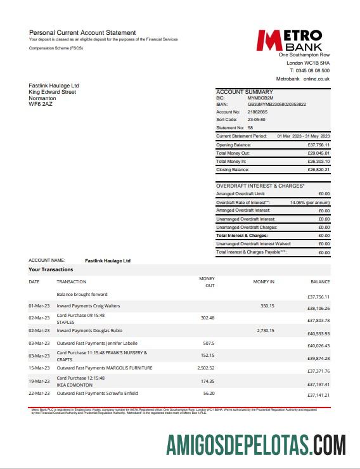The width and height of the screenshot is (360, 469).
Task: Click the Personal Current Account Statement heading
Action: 82,32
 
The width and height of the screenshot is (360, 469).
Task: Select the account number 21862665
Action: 258,112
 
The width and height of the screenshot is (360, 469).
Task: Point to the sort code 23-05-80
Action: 257,119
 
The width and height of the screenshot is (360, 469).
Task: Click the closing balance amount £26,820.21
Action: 319,170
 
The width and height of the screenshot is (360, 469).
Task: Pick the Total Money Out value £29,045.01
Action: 319,153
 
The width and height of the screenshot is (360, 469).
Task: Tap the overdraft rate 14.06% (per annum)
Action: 310,202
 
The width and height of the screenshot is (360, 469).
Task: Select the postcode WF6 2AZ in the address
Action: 42,104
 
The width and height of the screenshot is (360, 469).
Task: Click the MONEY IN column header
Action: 264,281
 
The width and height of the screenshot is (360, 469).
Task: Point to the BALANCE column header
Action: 320,281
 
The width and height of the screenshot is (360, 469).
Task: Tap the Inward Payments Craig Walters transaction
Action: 88,306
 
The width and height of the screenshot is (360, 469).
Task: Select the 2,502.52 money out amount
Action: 205,368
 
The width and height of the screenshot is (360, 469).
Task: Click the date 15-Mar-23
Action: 39,368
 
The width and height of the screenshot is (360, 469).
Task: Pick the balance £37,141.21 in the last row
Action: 319,395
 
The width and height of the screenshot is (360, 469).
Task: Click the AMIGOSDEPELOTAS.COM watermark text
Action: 256,444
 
